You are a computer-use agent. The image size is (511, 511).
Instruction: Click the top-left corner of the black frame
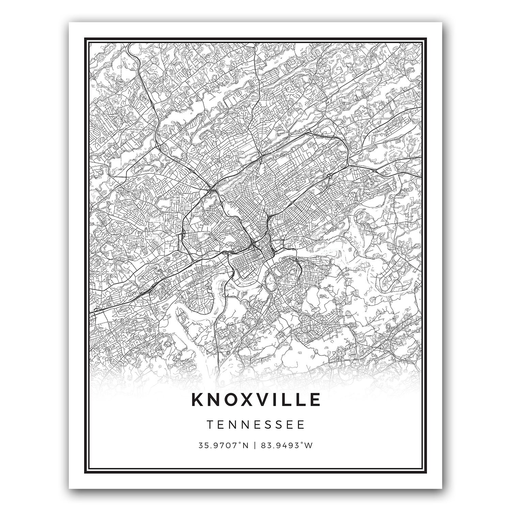pos(85,37)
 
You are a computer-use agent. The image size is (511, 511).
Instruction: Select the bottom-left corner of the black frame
pos(85,473)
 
